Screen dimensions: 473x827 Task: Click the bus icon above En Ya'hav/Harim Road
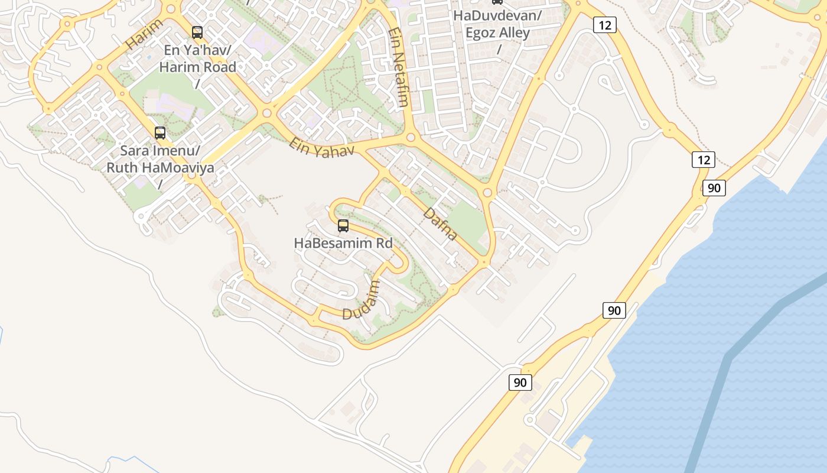pos(197,33)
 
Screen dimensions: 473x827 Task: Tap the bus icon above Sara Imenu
pos(160,133)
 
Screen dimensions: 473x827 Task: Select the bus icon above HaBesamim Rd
pos(343,226)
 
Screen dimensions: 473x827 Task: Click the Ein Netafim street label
pos(400,67)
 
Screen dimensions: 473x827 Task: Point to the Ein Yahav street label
pos(321,148)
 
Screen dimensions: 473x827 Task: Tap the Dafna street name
pos(440,223)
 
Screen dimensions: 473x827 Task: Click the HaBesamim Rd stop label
pos(343,243)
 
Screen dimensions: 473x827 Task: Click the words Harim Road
pos(198,67)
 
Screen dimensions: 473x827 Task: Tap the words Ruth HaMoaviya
pos(160,167)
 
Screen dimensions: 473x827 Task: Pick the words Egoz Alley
pos(497,33)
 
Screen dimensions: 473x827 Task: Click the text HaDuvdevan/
pos(497,16)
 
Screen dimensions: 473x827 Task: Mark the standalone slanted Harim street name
pos(144,34)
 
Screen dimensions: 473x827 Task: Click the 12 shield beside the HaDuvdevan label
pos(605,25)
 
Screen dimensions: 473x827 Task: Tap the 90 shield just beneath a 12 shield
pos(714,188)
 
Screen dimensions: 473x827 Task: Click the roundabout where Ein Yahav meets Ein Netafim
pos(411,138)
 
